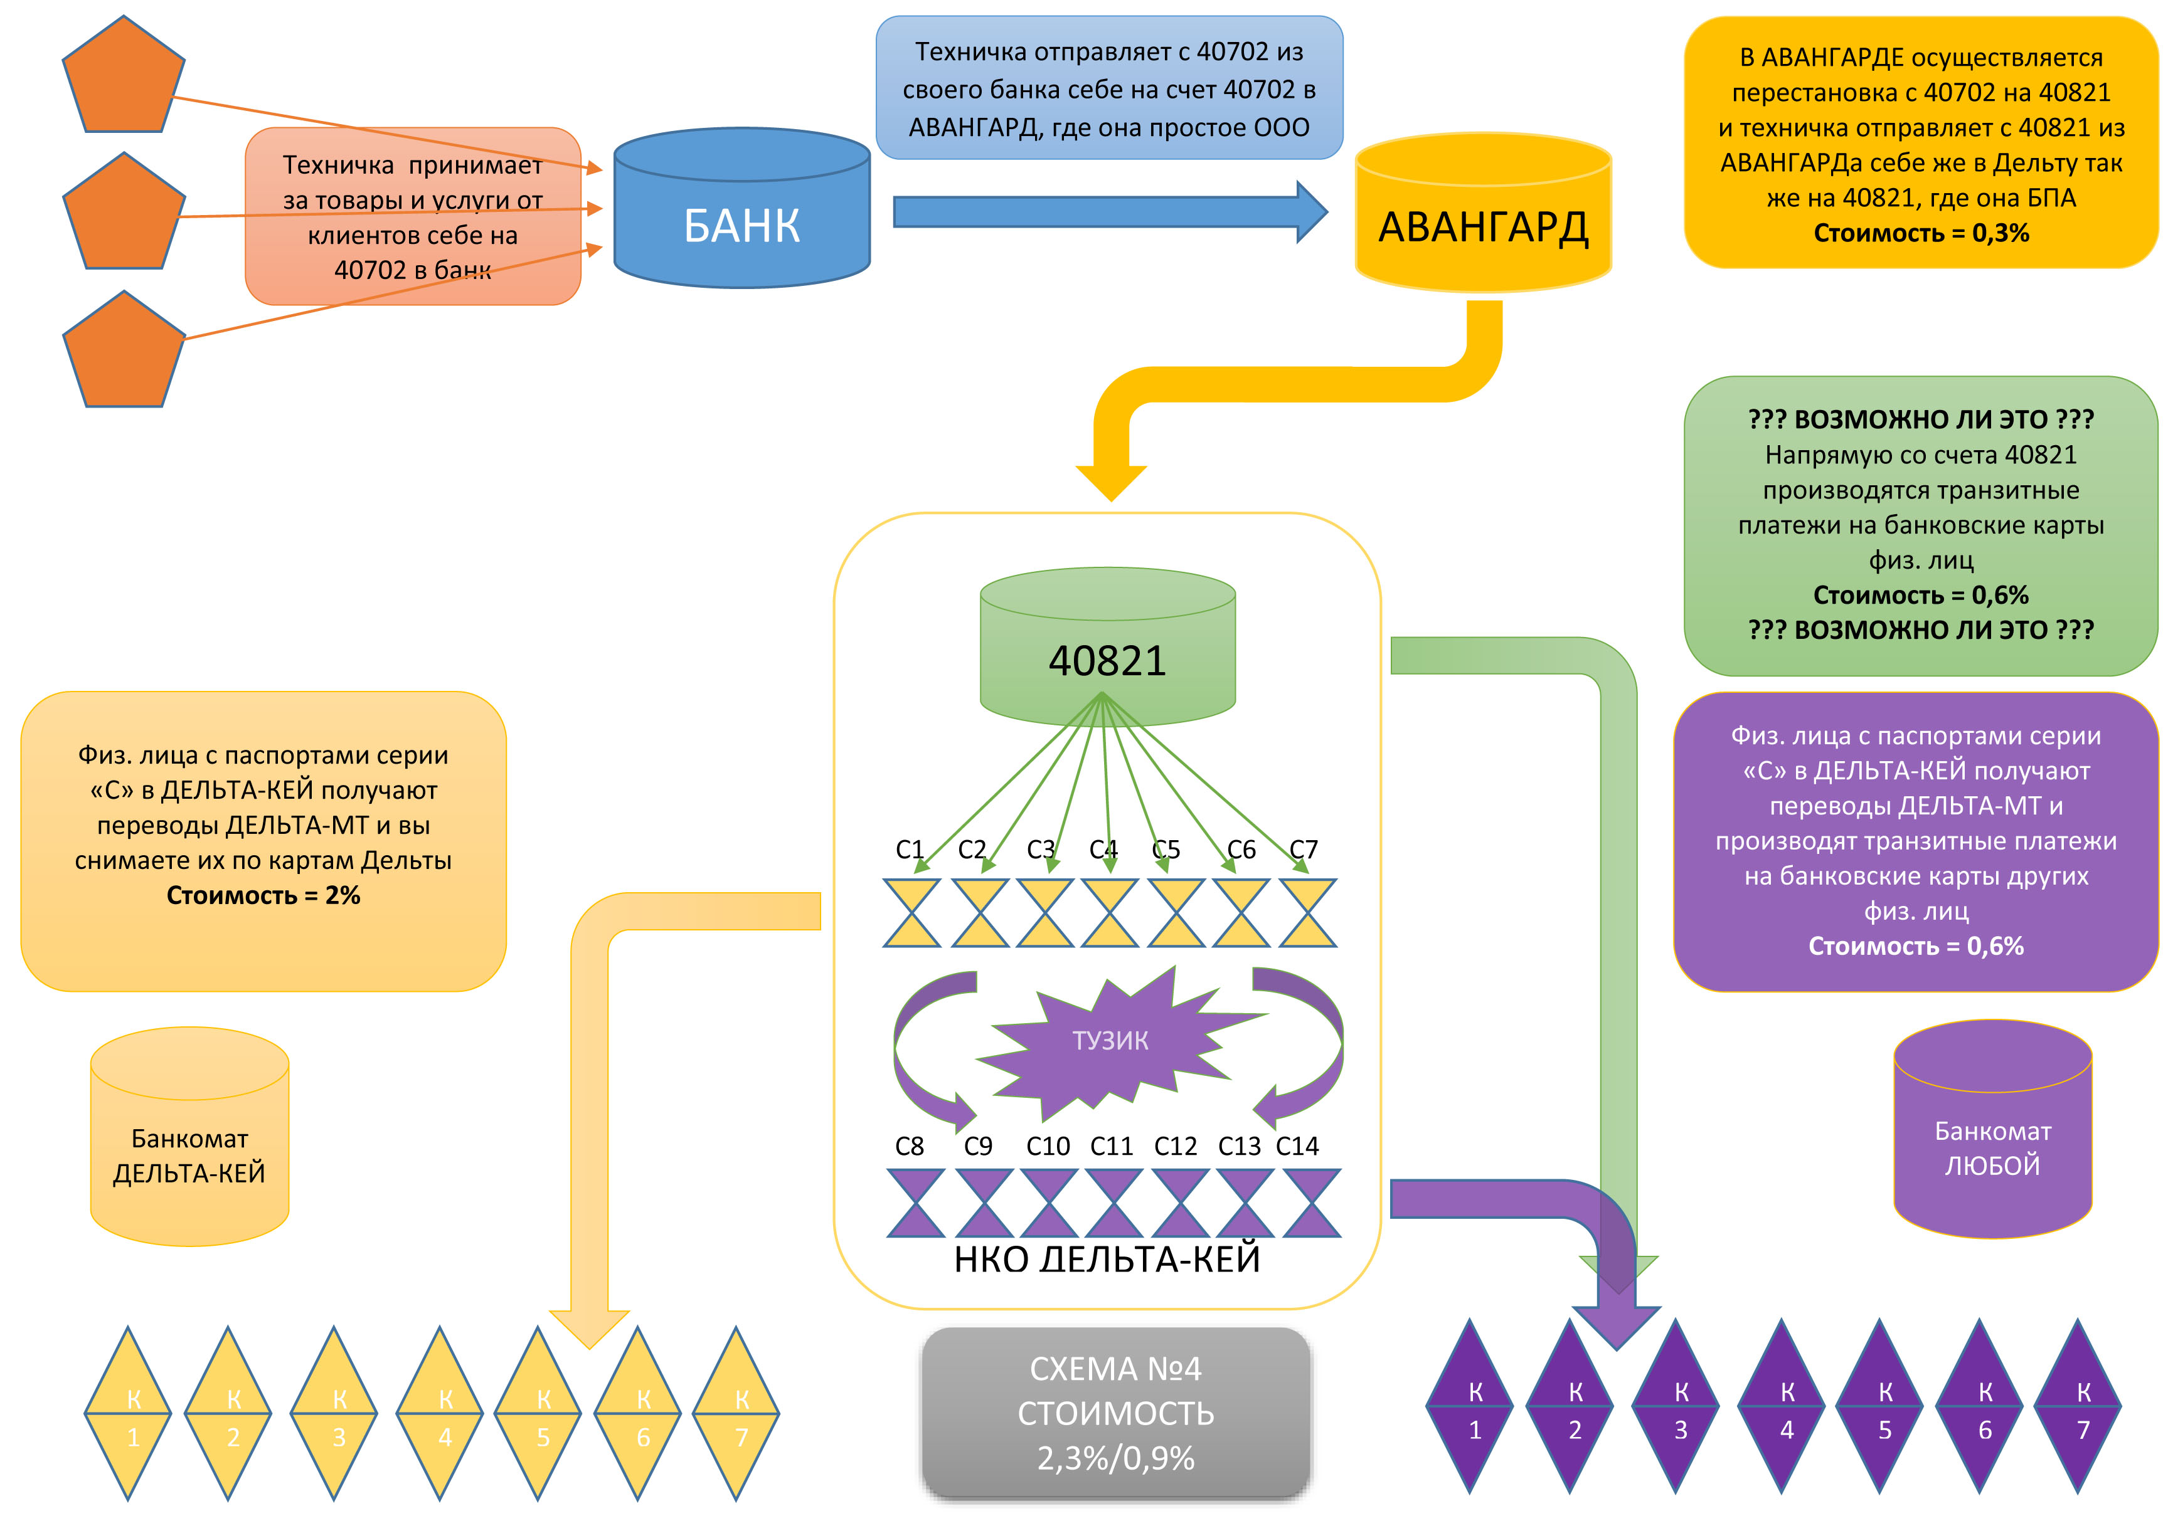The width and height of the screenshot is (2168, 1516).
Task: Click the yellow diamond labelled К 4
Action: (440, 1413)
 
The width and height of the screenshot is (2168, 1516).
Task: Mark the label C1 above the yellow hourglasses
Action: (910, 850)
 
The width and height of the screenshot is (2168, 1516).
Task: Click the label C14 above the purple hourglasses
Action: (1297, 1146)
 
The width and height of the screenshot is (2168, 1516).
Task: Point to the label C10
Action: (1048, 1146)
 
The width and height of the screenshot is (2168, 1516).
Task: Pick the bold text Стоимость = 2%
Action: (263, 895)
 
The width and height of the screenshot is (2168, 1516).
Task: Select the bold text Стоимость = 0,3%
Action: (1921, 233)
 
